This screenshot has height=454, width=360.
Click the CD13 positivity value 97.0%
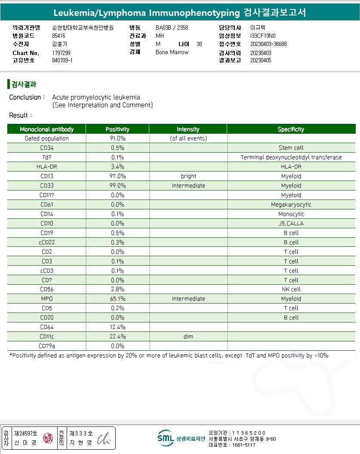(117, 176)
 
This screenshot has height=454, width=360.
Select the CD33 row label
(47, 186)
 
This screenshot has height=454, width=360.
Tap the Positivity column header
(117, 129)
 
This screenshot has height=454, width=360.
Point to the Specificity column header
(291, 129)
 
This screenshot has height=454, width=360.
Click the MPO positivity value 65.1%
(117, 299)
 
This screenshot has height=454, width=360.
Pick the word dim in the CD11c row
(188, 337)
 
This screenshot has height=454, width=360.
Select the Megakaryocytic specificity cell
(291, 205)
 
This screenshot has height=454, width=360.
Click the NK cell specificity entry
(291, 289)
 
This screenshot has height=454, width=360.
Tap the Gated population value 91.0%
(117, 138)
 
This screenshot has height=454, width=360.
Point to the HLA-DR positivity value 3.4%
(117, 167)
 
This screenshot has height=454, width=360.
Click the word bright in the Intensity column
(188, 176)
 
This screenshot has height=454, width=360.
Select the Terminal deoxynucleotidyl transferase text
(291, 157)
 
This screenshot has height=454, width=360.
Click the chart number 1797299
(61, 53)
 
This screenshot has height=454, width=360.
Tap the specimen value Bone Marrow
(172, 52)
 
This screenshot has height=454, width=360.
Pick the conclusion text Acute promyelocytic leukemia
(96, 97)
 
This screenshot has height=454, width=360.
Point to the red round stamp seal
(48, 438)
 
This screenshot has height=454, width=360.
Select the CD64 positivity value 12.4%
(117, 327)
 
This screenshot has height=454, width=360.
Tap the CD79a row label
(47, 346)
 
